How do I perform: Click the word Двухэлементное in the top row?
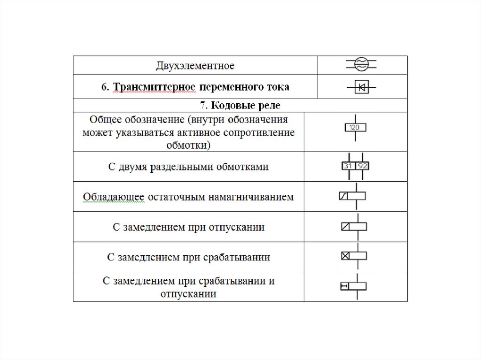pyautogui.click(x=195, y=65)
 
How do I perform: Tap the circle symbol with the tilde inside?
pyautogui.click(x=361, y=65)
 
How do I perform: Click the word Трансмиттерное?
pyautogui.click(x=148, y=87)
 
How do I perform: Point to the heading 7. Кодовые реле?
pyautogui.click(x=240, y=106)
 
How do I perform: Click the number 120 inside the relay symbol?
pyautogui.click(x=355, y=127)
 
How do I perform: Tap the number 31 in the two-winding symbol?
pyautogui.click(x=348, y=166)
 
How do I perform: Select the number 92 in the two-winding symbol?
pyautogui.click(x=362, y=166)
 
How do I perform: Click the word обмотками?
pyautogui.click(x=241, y=167)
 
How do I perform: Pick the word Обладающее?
pyautogui.click(x=113, y=197)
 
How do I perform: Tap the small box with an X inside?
pyautogui.click(x=345, y=256)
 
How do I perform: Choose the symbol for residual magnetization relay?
pyautogui.click(x=352, y=197)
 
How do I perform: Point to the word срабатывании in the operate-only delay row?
pyautogui.click(x=237, y=257)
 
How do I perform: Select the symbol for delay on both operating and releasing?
pyautogui.click(x=353, y=286)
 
